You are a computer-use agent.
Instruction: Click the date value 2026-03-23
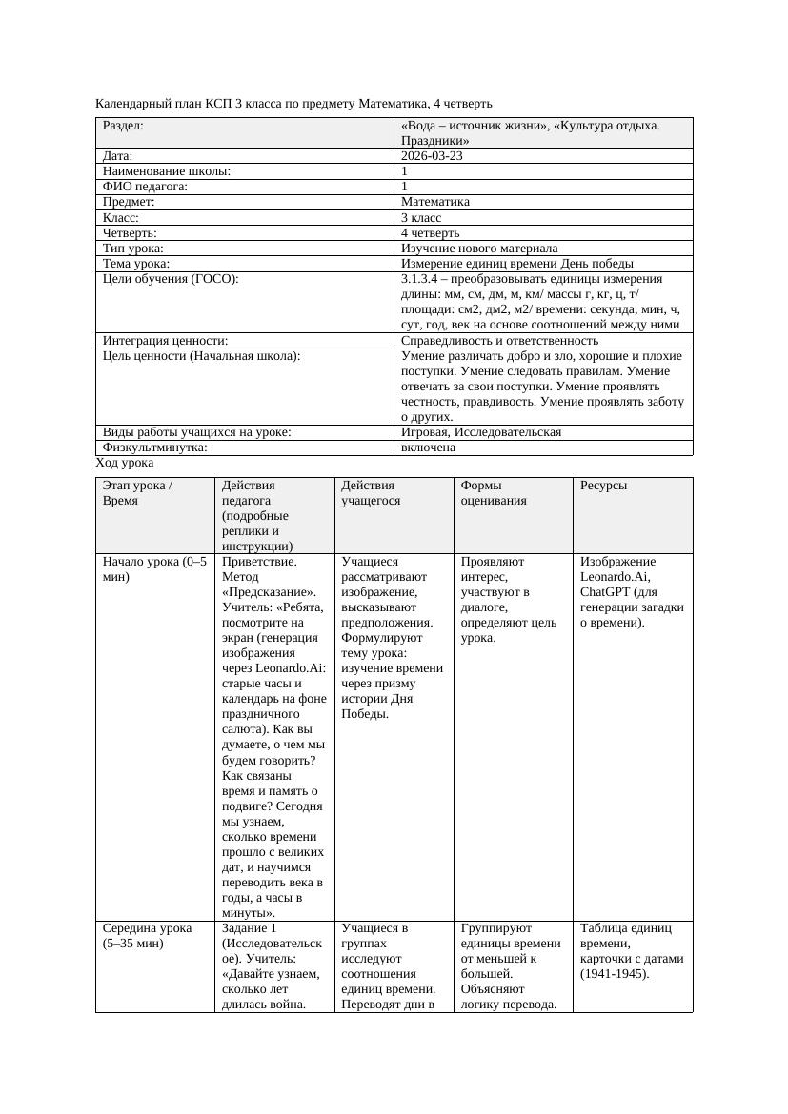pyautogui.click(x=432, y=156)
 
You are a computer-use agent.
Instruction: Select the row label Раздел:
pyautogui.click(x=123, y=126)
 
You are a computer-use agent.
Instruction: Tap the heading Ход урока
pyautogui.click(x=125, y=463)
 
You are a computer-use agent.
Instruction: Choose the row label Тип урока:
pyautogui.click(x=136, y=249)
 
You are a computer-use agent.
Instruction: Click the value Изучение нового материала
pyautogui.click(x=479, y=249)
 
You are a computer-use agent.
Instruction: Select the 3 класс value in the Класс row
pyautogui.click(x=421, y=218)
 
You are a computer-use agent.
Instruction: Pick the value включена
pyautogui.click(x=428, y=448)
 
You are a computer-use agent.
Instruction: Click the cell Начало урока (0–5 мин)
pyautogui.click(x=154, y=569)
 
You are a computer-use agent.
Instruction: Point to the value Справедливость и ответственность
pyautogui.click(x=499, y=341)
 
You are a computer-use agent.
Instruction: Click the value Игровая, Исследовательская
pyautogui.click(x=481, y=432)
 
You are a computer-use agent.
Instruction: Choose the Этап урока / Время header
pyautogui.click(x=137, y=492)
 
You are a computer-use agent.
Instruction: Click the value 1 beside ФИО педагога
pyautogui.click(x=405, y=188)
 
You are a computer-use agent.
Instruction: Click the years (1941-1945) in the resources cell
pyautogui.click(x=615, y=974)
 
